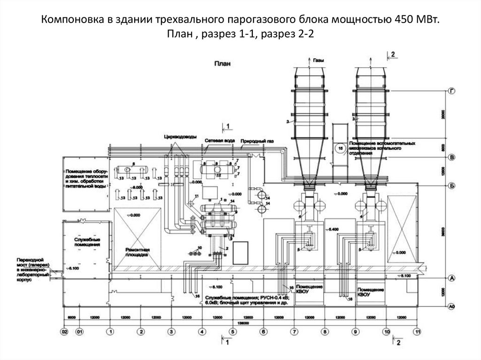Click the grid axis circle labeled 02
click(65, 332)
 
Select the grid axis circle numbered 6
click(264, 332)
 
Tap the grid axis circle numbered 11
click(417, 332)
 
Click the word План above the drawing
click(222, 65)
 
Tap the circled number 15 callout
click(341, 149)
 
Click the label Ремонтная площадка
click(137, 254)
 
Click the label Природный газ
click(257, 141)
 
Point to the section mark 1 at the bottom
click(228, 343)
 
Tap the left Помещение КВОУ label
click(308, 289)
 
